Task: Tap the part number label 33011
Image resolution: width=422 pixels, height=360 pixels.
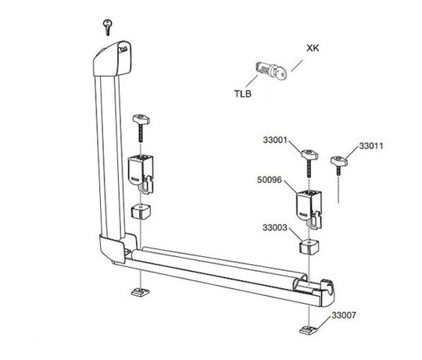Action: coord(372,145)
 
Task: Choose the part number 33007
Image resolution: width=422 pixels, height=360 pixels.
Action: coord(345,315)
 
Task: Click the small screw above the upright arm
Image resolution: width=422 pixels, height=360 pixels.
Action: coord(108,26)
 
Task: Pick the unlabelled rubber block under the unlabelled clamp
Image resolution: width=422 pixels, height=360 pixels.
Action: coord(141,212)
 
